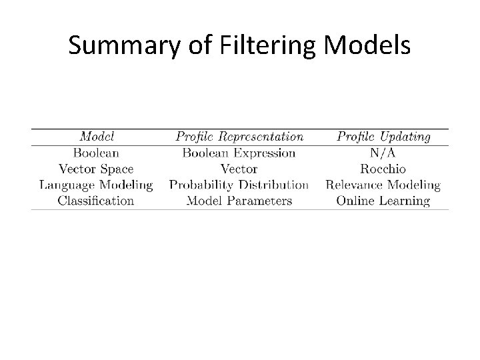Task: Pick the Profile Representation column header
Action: pyautogui.click(x=239, y=137)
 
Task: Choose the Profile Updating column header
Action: pyautogui.click(x=383, y=137)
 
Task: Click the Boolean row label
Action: pyautogui.click(x=96, y=153)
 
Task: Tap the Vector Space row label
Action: pyautogui.click(x=96, y=169)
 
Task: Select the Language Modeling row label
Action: pyautogui.click(x=96, y=185)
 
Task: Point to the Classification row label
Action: pyautogui.click(x=96, y=200)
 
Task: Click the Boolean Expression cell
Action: pyautogui.click(x=239, y=153)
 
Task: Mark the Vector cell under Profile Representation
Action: pyautogui.click(x=239, y=169)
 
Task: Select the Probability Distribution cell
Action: pyautogui.click(x=239, y=185)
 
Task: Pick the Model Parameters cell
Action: pyautogui.click(x=239, y=200)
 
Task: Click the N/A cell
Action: pyautogui.click(x=383, y=153)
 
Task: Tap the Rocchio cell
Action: pyautogui.click(x=383, y=169)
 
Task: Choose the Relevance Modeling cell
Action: pyautogui.click(x=383, y=185)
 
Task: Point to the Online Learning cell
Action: pyautogui.click(x=383, y=200)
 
